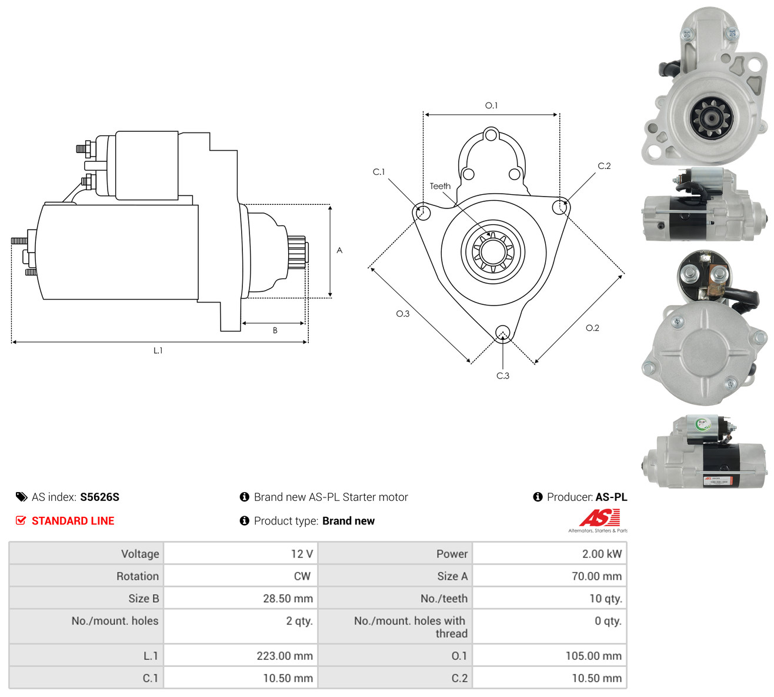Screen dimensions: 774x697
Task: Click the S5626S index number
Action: click(99, 497)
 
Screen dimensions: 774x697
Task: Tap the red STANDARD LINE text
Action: click(73, 521)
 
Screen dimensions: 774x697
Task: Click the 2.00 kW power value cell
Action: click(549, 553)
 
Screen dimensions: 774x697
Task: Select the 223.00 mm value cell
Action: click(241, 656)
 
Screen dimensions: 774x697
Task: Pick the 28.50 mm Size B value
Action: click(288, 599)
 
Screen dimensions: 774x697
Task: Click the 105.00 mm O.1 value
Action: click(593, 656)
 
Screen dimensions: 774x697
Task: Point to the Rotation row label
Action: click(138, 576)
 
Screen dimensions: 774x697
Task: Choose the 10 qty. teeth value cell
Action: click(549, 599)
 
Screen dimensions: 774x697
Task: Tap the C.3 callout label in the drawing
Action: click(503, 376)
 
